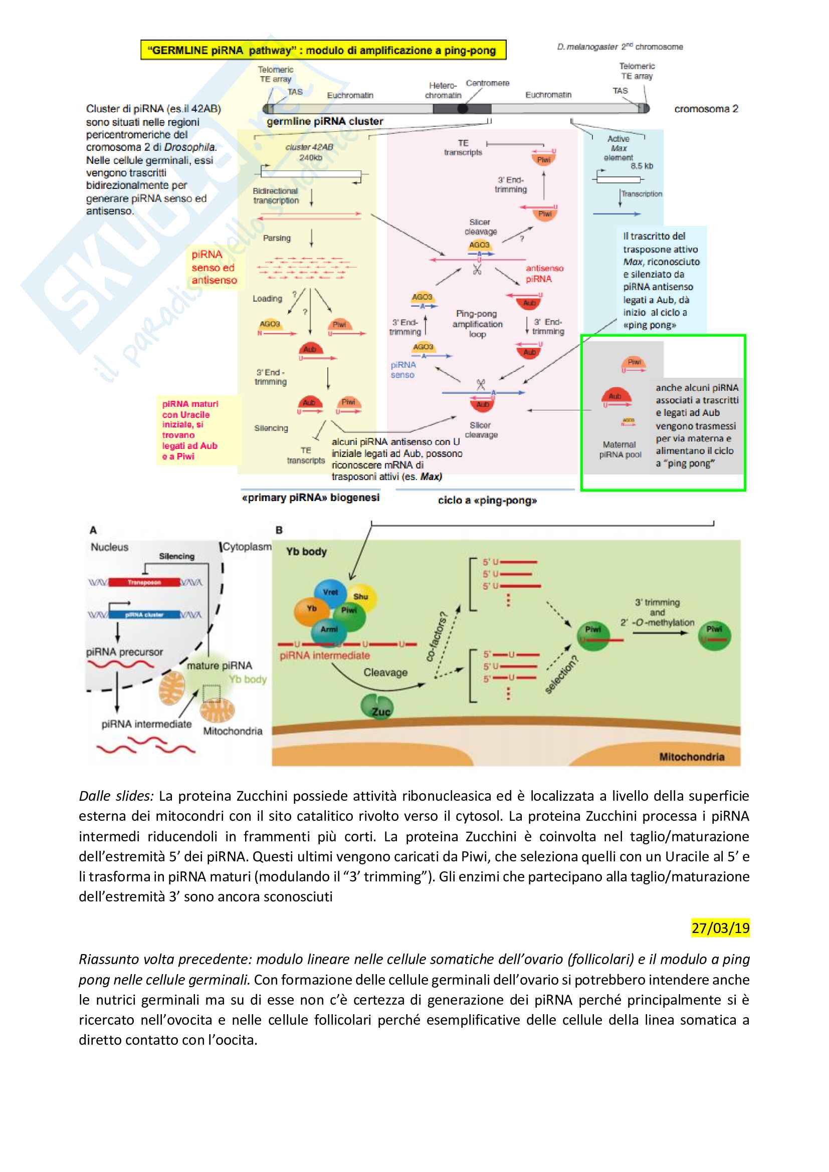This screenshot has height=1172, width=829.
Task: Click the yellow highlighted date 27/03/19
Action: pyautogui.click(x=720, y=927)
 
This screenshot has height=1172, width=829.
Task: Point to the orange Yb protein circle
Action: pyautogui.click(x=311, y=609)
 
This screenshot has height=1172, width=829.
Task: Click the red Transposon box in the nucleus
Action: pyautogui.click(x=144, y=582)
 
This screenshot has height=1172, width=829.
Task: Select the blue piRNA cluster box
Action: pyautogui.click(x=144, y=615)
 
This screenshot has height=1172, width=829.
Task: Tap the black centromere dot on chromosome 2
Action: pyautogui.click(x=463, y=108)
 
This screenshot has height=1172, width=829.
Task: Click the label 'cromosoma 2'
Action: pyautogui.click(x=706, y=109)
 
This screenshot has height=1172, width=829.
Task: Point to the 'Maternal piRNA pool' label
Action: pyautogui.click(x=619, y=449)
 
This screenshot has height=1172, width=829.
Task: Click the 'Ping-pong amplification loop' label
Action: pyautogui.click(x=477, y=324)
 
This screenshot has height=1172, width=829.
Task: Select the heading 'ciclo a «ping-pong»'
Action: pyautogui.click(x=487, y=501)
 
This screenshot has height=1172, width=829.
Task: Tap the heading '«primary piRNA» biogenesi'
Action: pyautogui.click(x=310, y=498)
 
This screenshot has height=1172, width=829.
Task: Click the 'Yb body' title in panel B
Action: pyautogui.click(x=306, y=552)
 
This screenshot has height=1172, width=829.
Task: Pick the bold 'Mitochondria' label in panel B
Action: pyautogui.click(x=691, y=757)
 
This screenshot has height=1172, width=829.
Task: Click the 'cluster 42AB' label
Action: pyautogui.click(x=309, y=147)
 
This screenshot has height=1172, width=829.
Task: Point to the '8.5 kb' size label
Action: pyautogui.click(x=641, y=166)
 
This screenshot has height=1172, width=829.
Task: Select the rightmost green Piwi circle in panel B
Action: pyautogui.click(x=714, y=635)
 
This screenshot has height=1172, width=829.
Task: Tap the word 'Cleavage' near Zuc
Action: pyautogui.click(x=385, y=673)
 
